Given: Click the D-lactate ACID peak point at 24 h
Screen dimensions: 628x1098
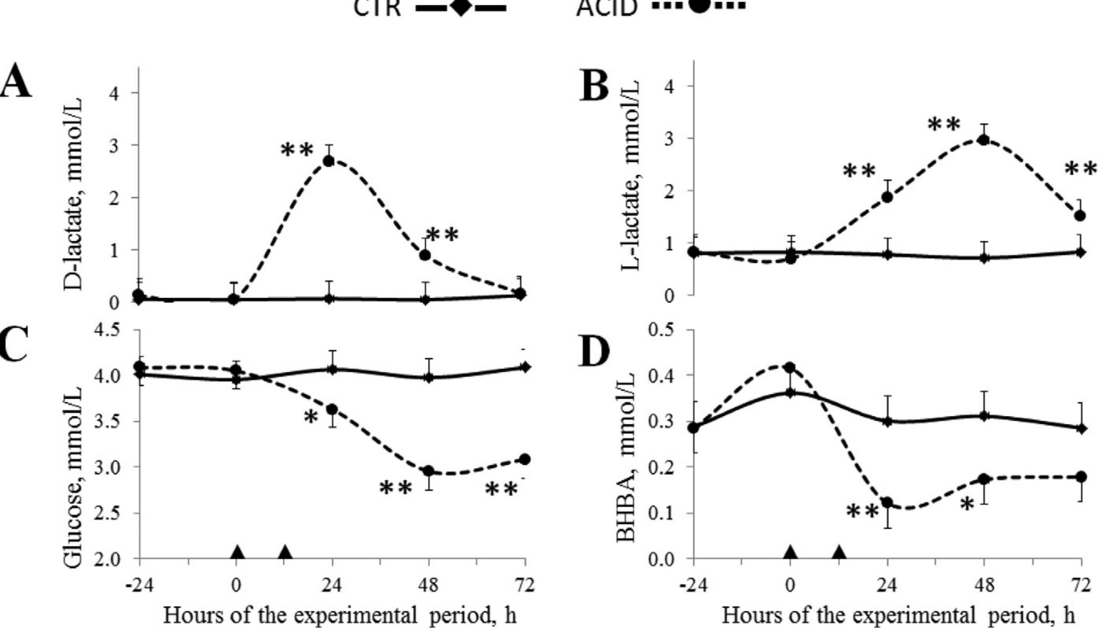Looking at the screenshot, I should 329,161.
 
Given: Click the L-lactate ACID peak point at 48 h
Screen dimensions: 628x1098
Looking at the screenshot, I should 983,140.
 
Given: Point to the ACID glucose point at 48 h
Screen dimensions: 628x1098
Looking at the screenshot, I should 429,471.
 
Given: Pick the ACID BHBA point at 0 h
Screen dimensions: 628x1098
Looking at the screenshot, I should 790,367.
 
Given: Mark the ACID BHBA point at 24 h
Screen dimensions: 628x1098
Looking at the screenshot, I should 887,503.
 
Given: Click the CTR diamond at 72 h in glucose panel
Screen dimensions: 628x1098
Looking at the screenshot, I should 525,367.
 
